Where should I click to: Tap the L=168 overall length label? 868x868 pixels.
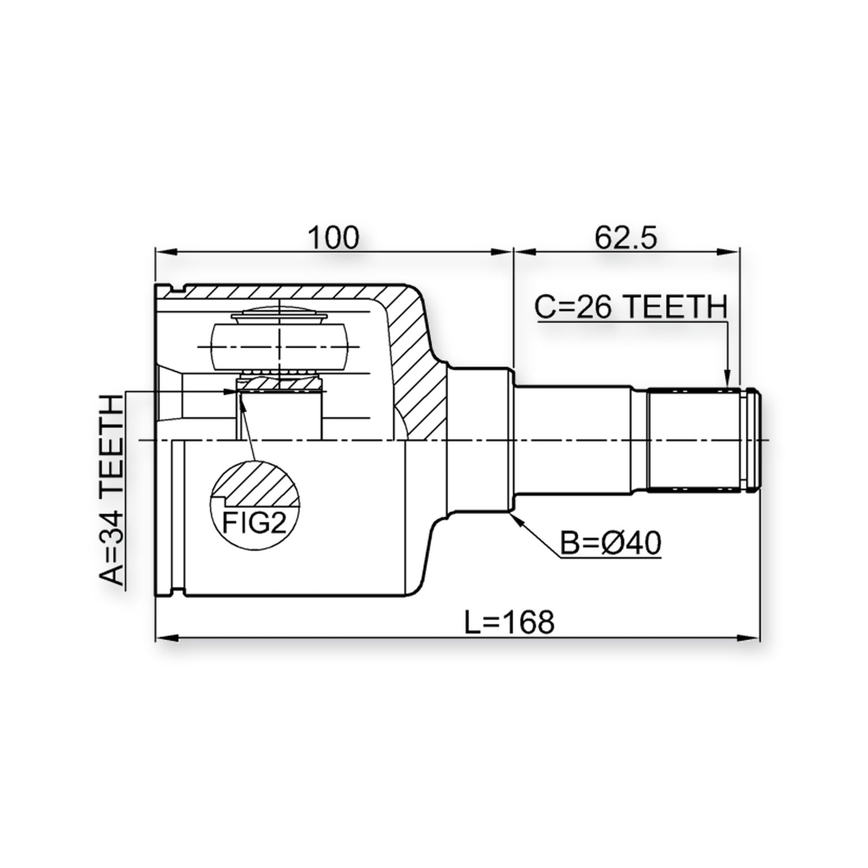[x=509, y=622]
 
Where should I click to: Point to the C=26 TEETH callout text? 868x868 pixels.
[x=631, y=308]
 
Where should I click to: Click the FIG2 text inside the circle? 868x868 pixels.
[x=254, y=524]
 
